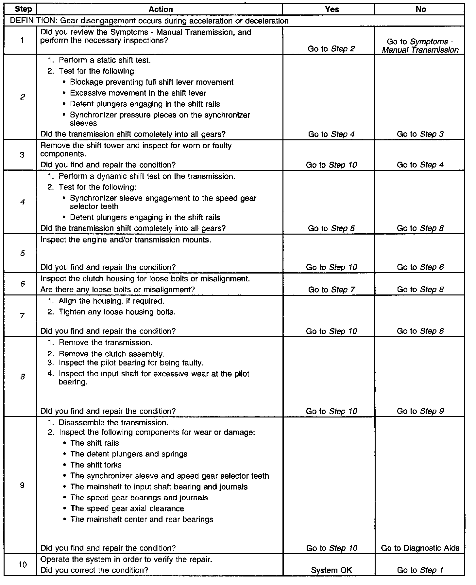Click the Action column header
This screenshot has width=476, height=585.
[161, 9]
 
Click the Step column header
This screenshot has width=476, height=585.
[23, 9]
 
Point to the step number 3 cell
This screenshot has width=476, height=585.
[22, 155]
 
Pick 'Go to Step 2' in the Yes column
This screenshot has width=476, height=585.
[331, 49]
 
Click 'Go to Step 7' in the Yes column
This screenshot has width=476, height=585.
[331, 290]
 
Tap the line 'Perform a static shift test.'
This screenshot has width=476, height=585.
[105, 60]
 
